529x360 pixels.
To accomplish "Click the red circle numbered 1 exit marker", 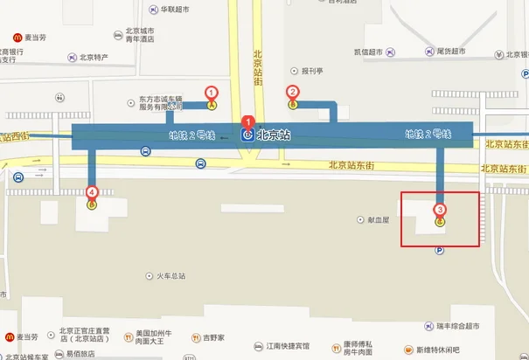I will (211, 92).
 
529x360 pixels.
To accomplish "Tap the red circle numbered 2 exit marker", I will (293, 91).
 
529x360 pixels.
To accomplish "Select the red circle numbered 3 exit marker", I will (440, 210).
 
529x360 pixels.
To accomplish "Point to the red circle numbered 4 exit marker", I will (92, 192).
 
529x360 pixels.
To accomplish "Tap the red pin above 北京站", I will (248, 121).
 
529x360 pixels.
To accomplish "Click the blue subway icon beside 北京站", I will (247, 135).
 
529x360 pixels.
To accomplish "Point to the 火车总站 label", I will (166, 277).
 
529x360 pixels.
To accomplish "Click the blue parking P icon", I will (440, 250).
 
